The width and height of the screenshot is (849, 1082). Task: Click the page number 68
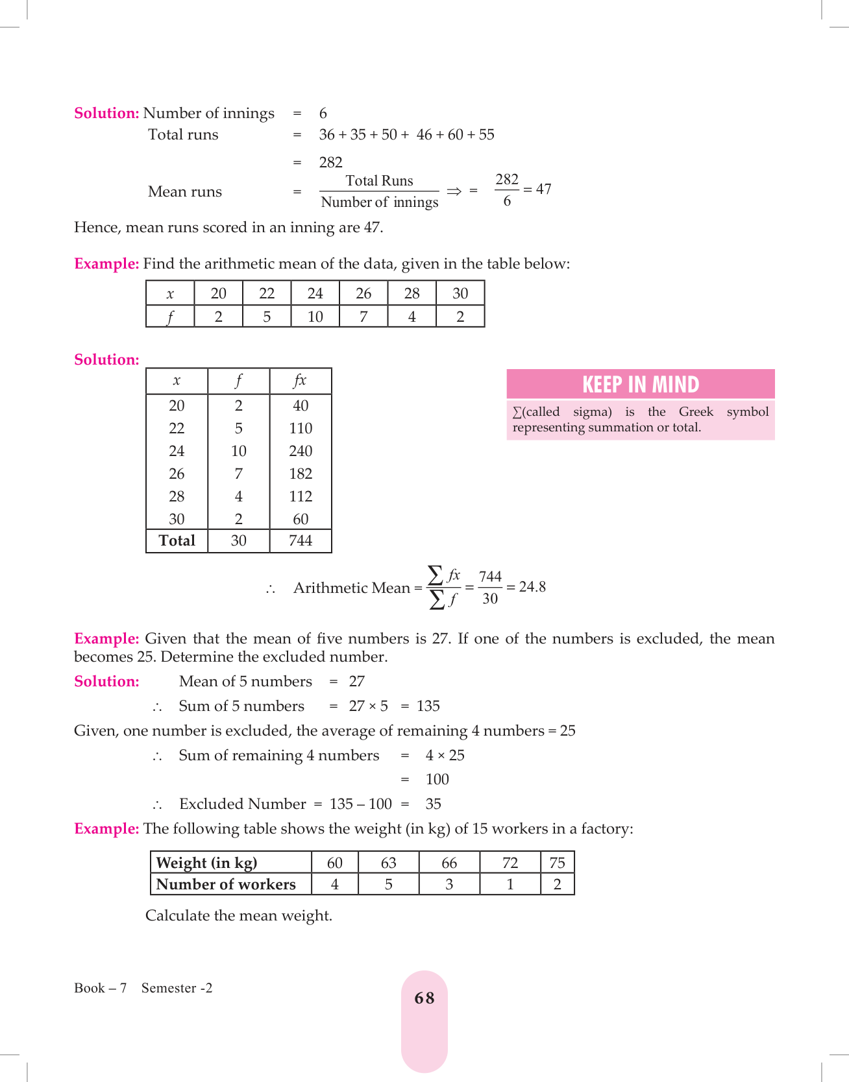tap(424, 998)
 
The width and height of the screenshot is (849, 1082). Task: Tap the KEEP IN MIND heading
tap(640, 385)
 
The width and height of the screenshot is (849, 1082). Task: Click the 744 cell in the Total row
tap(301, 541)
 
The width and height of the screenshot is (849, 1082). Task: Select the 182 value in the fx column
tap(301, 474)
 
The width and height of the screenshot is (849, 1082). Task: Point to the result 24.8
tap(532, 587)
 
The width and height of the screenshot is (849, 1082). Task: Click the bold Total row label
tap(177, 541)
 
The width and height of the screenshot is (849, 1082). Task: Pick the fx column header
tap(300, 381)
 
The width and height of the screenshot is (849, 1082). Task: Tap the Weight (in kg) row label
tap(207, 863)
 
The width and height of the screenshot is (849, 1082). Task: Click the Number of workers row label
tap(226, 885)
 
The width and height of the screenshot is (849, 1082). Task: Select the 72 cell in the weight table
tap(510, 863)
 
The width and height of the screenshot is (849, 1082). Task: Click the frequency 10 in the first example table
tap(315, 317)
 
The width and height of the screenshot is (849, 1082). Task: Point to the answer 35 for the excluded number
tap(433, 804)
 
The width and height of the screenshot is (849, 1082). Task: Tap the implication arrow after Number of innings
tap(454, 191)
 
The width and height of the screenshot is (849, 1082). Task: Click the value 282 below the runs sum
tap(330, 162)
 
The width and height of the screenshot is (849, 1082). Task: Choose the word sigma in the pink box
tap(592, 412)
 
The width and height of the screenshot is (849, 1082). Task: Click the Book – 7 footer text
tap(100, 988)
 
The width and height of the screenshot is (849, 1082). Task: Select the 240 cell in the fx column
tap(301, 451)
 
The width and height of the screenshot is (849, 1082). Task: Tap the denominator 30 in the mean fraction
tap(490, 599)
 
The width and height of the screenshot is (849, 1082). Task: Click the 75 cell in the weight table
tap(557, 863)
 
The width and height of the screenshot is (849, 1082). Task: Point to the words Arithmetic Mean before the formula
tap(352, 588)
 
